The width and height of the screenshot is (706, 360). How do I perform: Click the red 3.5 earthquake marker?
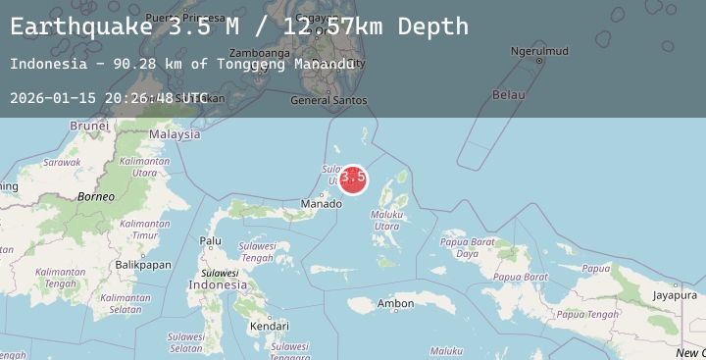point(353,178)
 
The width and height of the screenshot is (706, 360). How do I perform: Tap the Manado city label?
point(322,204)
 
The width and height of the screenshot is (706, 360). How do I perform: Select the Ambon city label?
point(396,304)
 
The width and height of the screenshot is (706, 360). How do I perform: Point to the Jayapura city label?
point(675,294)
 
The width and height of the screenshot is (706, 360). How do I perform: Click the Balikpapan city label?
point(143,265)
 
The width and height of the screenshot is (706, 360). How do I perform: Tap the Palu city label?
point(211,240)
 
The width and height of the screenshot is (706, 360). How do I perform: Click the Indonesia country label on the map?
point(218,284)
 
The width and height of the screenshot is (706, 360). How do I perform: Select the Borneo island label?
point(97,197)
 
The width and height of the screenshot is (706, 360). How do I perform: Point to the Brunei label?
point(88,126)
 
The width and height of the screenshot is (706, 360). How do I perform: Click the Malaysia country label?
point(175,134)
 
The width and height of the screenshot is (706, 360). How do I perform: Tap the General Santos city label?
point(329,100)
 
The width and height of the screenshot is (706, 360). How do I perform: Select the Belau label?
point(508,95)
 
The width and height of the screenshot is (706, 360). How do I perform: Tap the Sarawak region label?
point(62,162)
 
